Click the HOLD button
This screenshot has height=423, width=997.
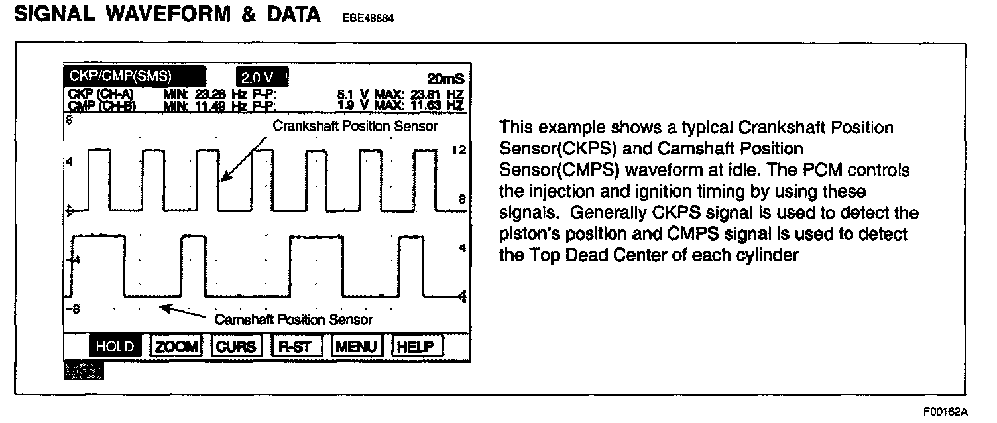pyautogui.click(x=115, y=346)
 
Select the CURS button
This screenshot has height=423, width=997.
pyautogui.click(x=235, y=346)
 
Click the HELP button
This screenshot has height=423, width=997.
pyautogui.click(x=417, y=346)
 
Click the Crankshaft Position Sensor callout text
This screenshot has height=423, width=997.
pyautogui.click(x=356, y=126)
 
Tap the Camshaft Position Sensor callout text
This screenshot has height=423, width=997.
pyautogui.click(x=294, y=320)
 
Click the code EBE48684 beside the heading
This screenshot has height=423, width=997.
pyautogui.click(x=368, y=19)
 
